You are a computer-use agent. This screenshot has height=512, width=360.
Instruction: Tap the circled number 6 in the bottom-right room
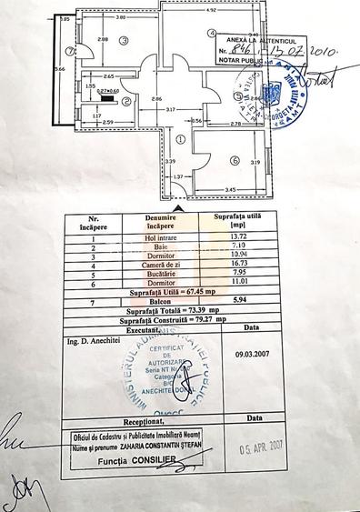tap(234, 161)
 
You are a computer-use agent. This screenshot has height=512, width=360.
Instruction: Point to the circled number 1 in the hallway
tap(180, 139)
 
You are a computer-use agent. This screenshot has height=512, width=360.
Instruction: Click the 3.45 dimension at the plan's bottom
tap(231, 189)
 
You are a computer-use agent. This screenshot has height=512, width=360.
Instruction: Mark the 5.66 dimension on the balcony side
tap(59, 68)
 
